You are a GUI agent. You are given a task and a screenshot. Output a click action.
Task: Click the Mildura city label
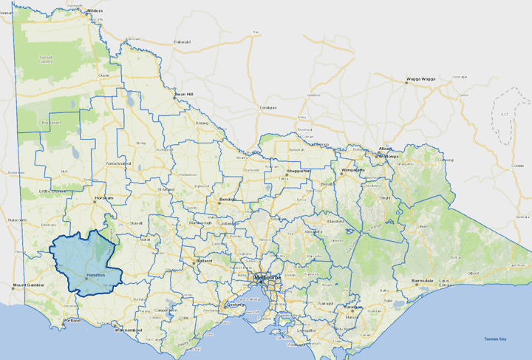click(x=95, y=11)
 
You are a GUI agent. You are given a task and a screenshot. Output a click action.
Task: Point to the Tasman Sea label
click(x=495, y=339)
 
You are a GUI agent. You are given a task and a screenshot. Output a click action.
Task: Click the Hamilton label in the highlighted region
click(x=97, y=274)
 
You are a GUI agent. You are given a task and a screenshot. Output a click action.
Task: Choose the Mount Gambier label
click(x=29, y=285)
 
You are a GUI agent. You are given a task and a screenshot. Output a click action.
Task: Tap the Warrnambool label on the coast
click(x=129, y=330)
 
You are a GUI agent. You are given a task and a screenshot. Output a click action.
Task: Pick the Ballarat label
click(x=204, y=261)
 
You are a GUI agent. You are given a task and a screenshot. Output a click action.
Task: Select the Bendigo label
click(x=227, y=200)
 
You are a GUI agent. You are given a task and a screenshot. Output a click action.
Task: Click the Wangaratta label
click(x=354, y=171)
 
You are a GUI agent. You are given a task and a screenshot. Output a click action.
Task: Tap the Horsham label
click(x=103, y=198)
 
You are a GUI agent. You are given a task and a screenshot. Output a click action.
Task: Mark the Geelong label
click(x=236, y=304)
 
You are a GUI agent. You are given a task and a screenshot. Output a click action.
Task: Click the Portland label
click(x=72, y=321)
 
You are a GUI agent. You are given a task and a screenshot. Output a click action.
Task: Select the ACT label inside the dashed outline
click(x=505, y=115)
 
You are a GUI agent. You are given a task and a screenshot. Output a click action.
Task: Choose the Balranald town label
click(x=182, y=42)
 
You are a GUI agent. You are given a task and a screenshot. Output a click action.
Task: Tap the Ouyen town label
click(x=104, y=75)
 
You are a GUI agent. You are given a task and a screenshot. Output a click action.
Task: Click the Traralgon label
click(x=354, y=307)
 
